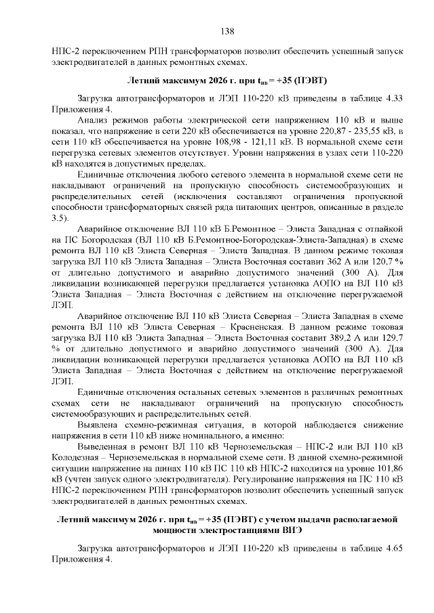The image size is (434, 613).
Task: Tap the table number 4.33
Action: pyautogui.click(x=393, y=98)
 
